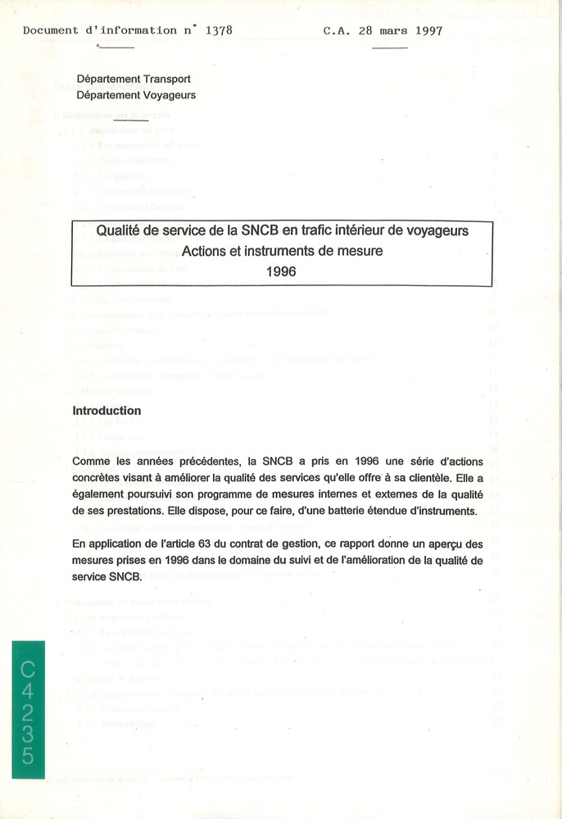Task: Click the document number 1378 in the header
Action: (219, 30)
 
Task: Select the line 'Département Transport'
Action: (134, 80)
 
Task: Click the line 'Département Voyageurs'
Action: (136, 95)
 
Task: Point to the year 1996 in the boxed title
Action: (281, 271)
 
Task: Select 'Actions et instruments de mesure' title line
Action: (282, 251)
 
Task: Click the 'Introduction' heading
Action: (107, 411)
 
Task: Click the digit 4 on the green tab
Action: (28, 696)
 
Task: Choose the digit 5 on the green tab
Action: (28, 755)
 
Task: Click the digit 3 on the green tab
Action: (28, 735)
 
